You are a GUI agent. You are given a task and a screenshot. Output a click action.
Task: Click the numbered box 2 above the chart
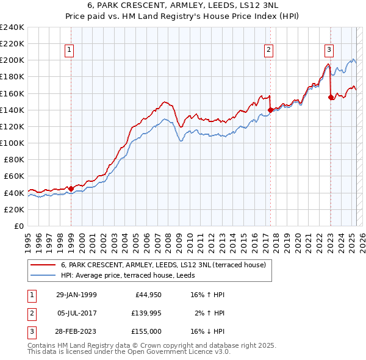coord(268,51)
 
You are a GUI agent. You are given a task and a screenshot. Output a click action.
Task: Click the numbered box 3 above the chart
coord(329,51)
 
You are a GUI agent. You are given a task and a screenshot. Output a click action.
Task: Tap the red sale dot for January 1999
coord(71,189)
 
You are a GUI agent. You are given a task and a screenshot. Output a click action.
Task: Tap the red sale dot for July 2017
coord(270,110)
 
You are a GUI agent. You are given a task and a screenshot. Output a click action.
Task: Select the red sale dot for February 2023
coord(331,97)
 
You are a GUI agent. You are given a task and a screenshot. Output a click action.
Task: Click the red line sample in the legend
coord(42,265)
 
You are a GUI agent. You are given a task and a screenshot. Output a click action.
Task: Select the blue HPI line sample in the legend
coord(42,276)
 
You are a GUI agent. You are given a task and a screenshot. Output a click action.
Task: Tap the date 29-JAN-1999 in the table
coord(76,295)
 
